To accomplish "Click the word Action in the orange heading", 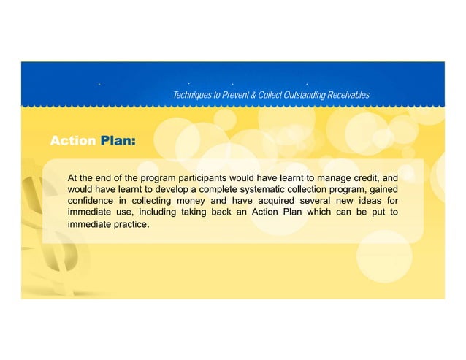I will [72, 140].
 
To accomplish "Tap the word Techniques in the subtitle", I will [193, 96].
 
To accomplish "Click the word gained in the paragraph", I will [383, 188].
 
